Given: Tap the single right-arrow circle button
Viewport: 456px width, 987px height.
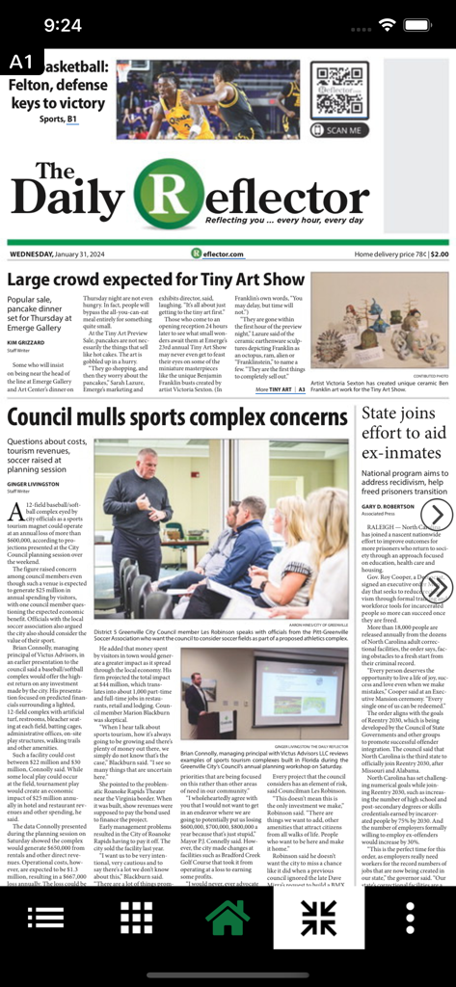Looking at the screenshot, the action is pos(437,515).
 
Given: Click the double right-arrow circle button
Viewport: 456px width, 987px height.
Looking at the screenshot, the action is pos(437,586).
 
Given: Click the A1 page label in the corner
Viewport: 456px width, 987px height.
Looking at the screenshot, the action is pos(20,63).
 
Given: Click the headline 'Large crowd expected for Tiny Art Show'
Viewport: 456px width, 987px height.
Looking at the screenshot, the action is pos(155,280).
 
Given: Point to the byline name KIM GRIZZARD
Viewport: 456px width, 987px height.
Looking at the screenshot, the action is pos(26,342).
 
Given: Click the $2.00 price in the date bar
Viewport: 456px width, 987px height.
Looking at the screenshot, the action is pos(439,254).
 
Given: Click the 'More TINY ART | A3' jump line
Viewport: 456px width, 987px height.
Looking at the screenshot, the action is pos(280,390).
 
